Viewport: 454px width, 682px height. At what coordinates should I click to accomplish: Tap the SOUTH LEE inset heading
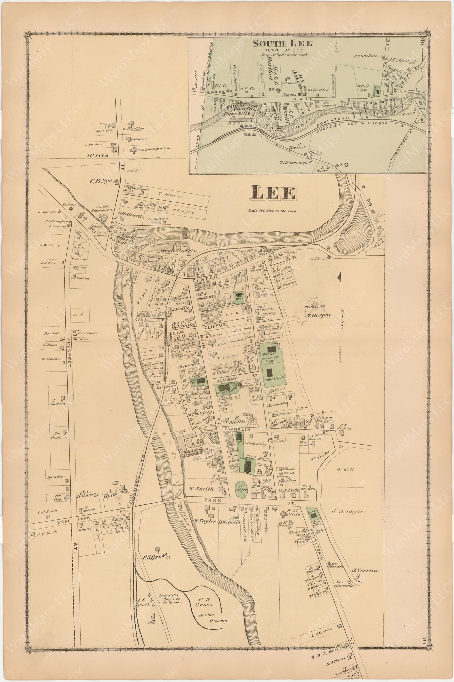tap(283, 43)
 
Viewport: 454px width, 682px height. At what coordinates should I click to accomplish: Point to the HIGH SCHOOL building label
tap(274, 378)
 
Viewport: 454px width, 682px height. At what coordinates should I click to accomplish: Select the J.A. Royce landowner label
tap(347, 511)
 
